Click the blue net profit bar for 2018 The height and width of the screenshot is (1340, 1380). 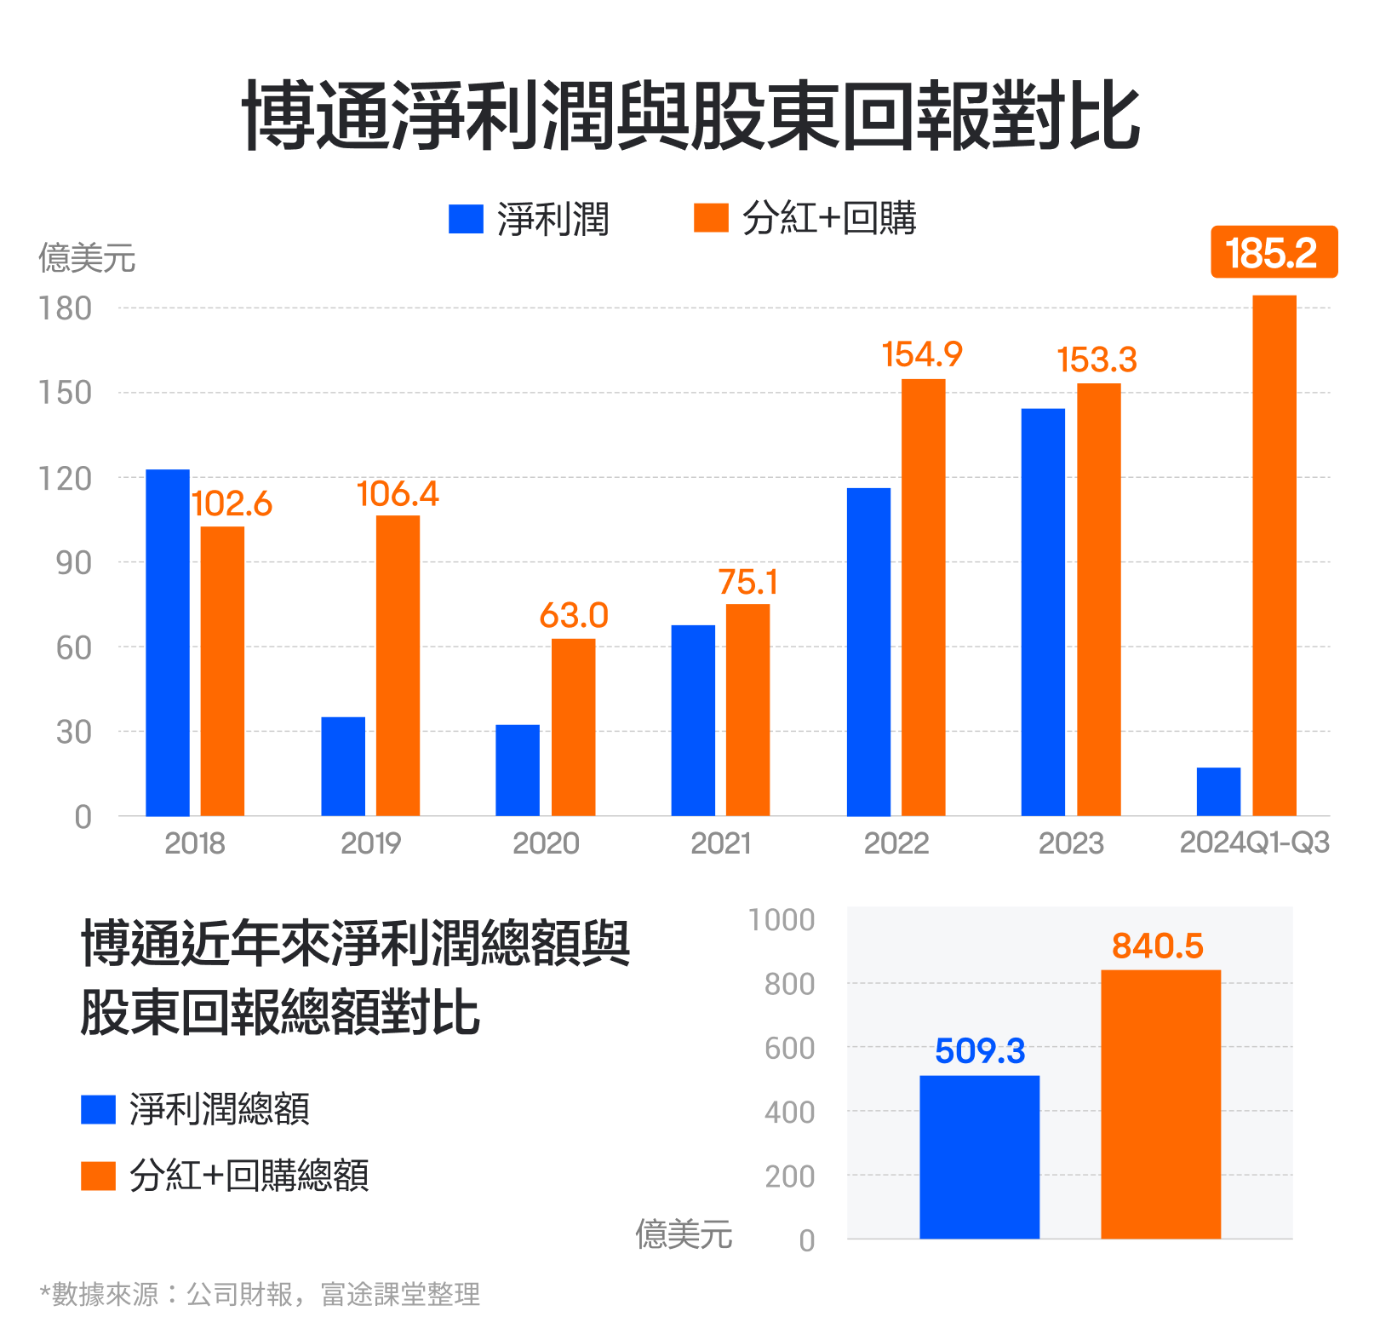pyautogui.click(x=168, y=642)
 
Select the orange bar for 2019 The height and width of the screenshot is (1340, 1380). pyautogui.click(x=398, y=665)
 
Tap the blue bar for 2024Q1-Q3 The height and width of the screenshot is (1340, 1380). pyautogui.click(x=1218, y=791)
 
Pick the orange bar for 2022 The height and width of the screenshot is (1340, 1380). pyautogui.click(x=923, y=597)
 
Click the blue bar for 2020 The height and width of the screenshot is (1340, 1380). pyautogui.click(x=518, y=770)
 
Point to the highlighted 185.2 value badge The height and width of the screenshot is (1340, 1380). pyautogui.click(x=1274, y=252)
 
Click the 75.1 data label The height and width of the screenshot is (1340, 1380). pyautogui.click(x=747, y=583)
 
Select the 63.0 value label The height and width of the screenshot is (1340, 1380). pyautogui.click(x=573, y=615)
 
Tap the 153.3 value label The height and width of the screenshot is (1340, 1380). pyautogui.click(x=1097, y=359)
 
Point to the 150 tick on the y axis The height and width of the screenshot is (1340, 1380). pyautogui.click(x=66, y=393)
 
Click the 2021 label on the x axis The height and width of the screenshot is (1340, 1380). pyautogui.click(x=720, y=843)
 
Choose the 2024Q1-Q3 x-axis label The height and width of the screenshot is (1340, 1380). pyautogui.click(x=1254, y=843)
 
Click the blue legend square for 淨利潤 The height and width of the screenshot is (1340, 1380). pyautogui.click(x=466, y=219)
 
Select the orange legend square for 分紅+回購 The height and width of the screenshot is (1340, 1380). pyautogui.click(x=711, y=218)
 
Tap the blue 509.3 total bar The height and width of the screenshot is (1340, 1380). pyautogui.click(x=979, y=1156)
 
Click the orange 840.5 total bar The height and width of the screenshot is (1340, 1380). pyautogui.click(x=1160, y=1103)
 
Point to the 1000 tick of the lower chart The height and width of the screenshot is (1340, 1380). pyautogui.click(x=781, y=920)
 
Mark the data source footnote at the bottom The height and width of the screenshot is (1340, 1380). pyautogui.click(x=261, y=1294)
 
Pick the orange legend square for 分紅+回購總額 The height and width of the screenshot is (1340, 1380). pyautogui.click(x=98, y=1176)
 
